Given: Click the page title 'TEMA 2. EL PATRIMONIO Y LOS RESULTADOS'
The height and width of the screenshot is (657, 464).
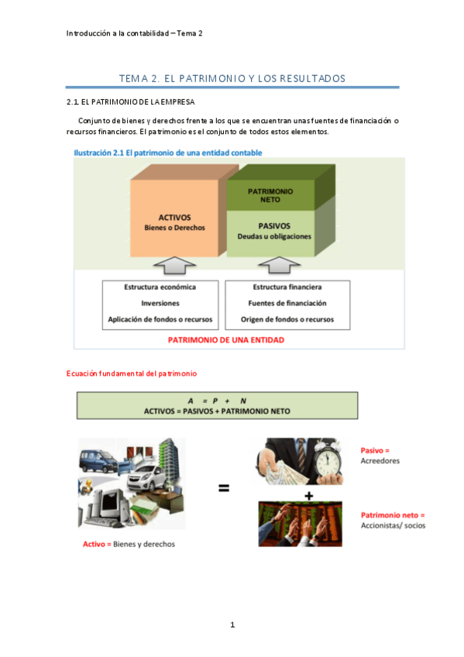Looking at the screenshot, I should pyautogui.click(x=232, y=79).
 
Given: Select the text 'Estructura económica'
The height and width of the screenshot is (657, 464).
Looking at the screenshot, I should pyautogui.click(x=160, y=287).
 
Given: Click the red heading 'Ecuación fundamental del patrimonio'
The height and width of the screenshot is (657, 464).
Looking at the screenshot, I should pyautogui.click(x=132, y=373).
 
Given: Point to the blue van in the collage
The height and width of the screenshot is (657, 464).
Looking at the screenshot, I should pyautogui.click(x=98, y=463).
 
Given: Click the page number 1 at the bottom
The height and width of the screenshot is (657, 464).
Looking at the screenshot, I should pyautogui.click(x=232, y=625).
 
